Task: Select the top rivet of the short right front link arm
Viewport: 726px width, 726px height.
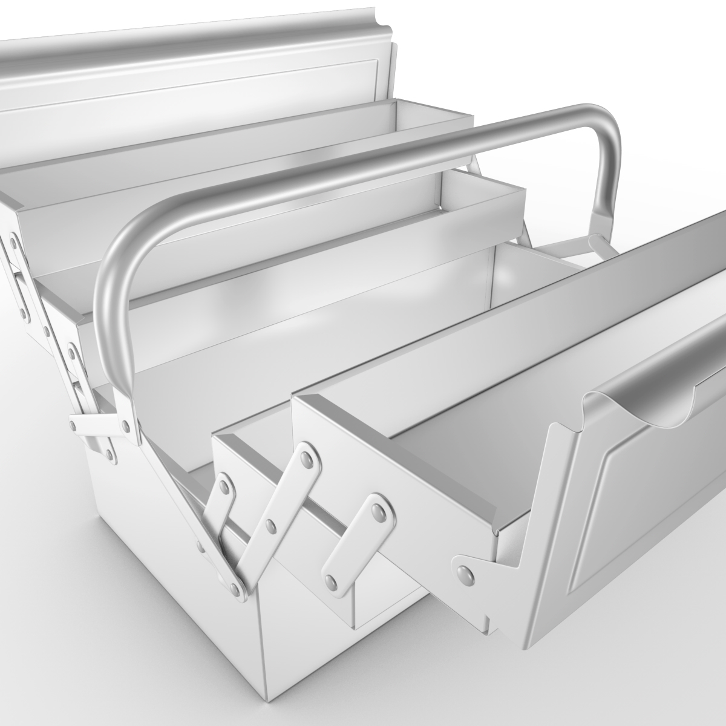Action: coord(379,512)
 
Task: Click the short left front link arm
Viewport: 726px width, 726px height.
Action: coord(218,502)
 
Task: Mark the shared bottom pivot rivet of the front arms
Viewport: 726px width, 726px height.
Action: coord(235,586)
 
